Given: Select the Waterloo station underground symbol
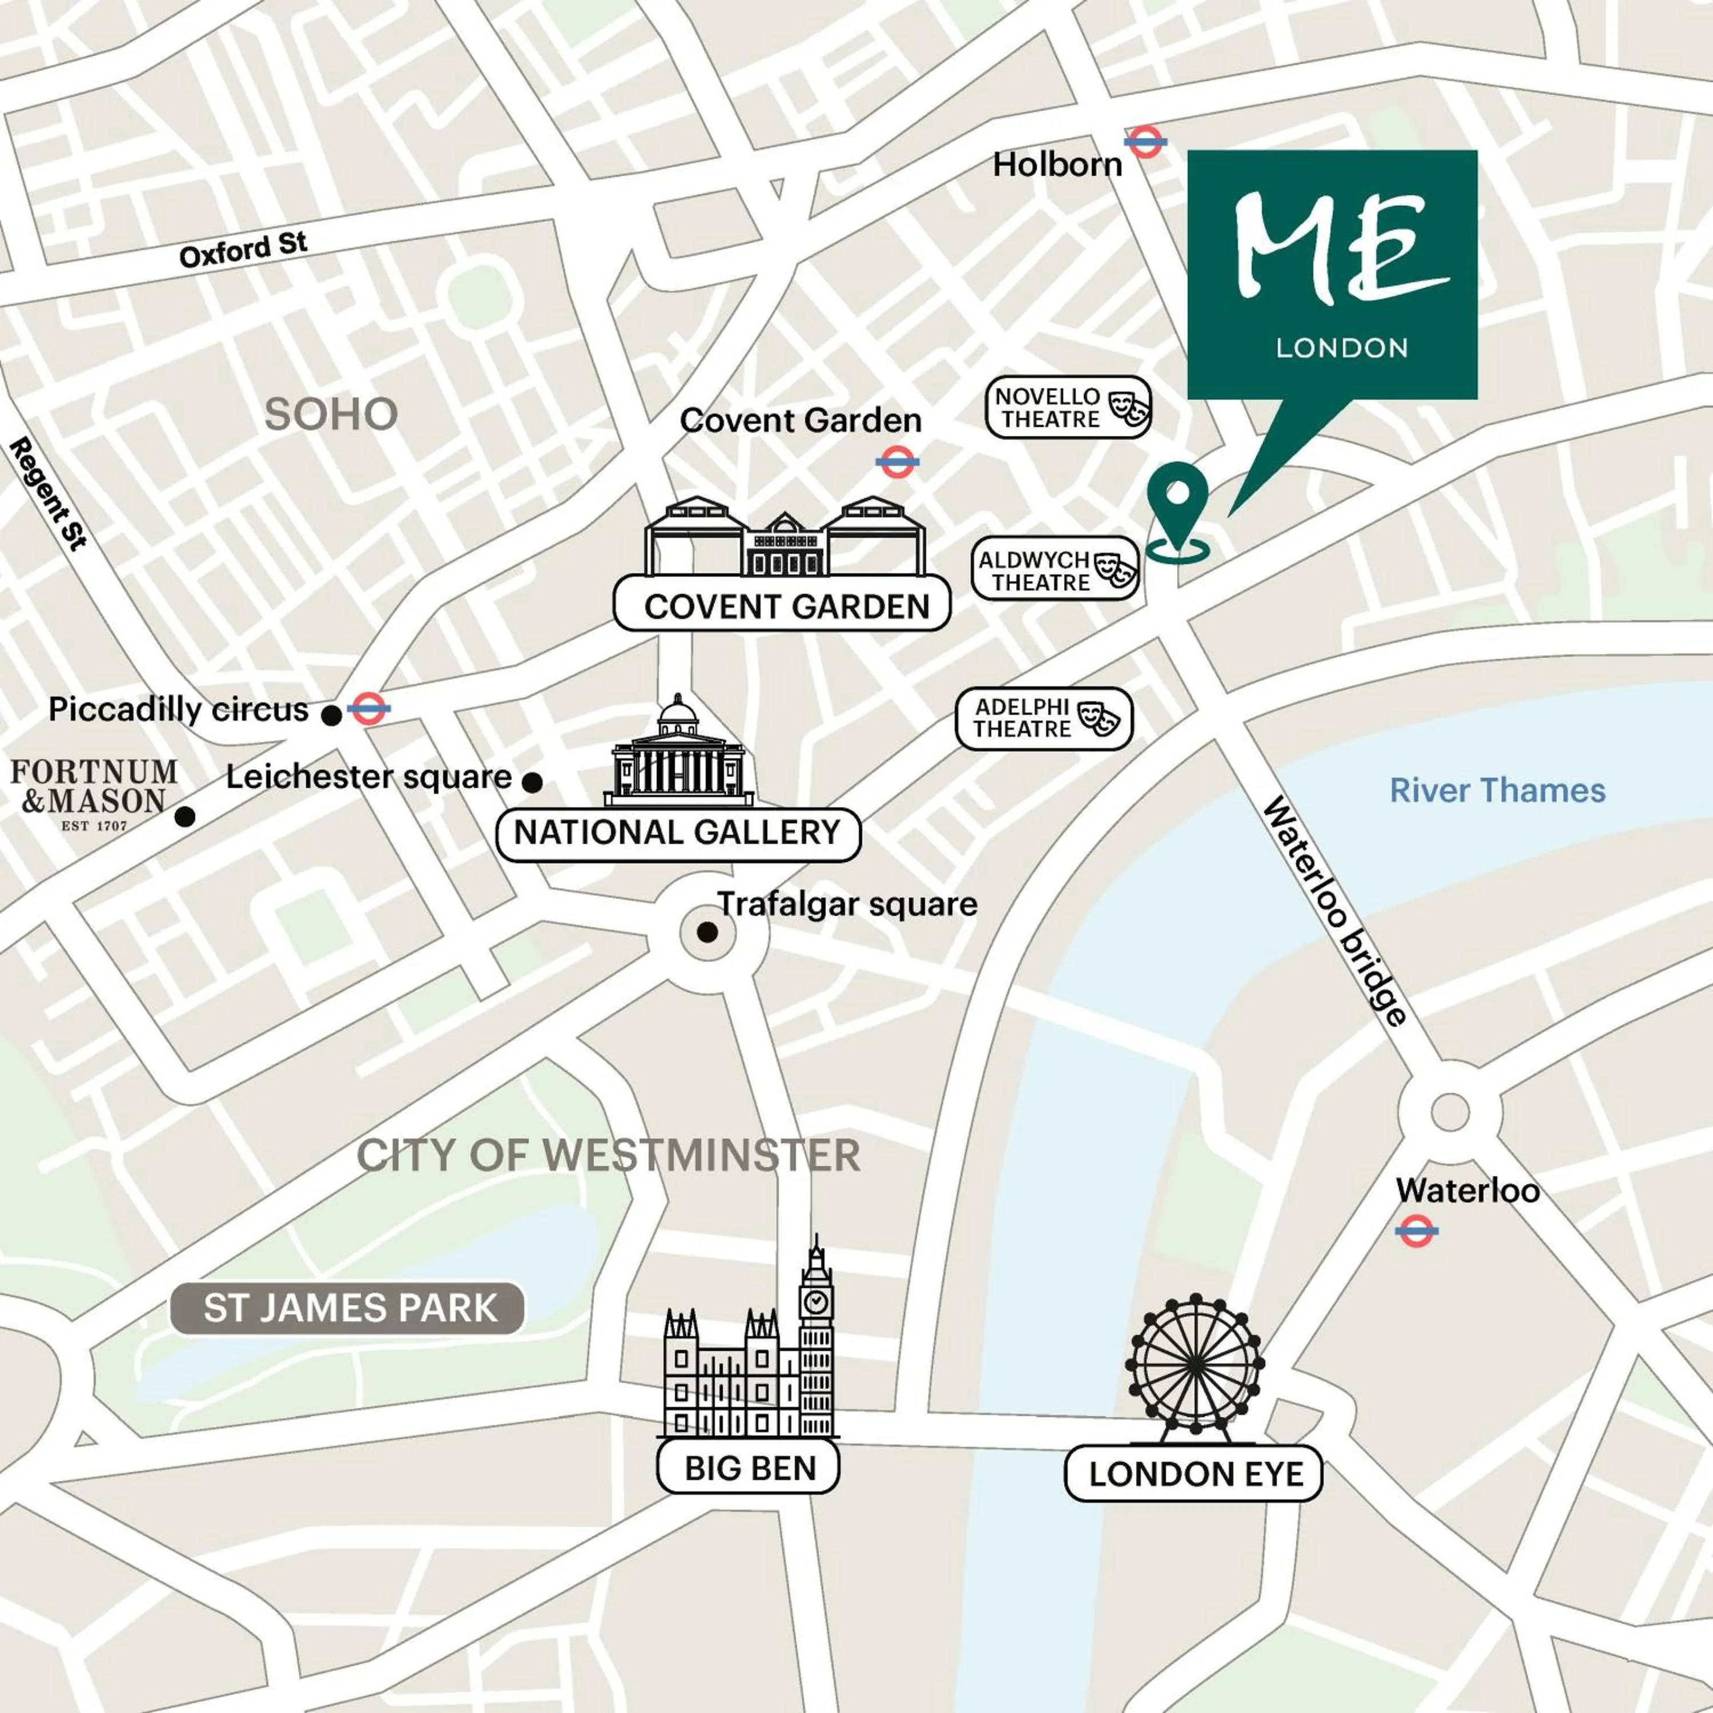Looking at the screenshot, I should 1416,1231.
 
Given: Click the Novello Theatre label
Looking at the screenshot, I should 1068,408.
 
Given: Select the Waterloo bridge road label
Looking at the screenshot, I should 1334,911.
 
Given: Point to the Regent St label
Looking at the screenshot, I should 49,494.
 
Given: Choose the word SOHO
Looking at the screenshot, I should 332,414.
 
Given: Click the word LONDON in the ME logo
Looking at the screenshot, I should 1341,348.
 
